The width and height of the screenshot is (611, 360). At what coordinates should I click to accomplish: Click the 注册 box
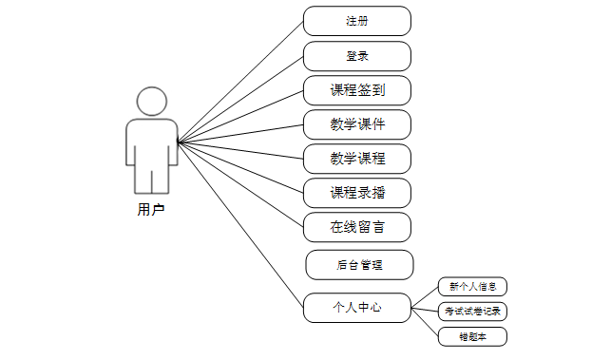[x=357, y=21]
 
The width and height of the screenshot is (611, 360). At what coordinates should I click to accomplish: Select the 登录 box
[x=357, y=56]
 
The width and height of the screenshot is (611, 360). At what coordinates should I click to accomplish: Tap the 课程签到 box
[x=357, y=90]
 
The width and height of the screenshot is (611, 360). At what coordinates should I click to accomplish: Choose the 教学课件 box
[x=357, y=124]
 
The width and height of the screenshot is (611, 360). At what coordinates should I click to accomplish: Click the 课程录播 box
[x=357, y=193]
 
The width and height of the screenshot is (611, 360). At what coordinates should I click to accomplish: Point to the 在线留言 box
[x=357, y=227]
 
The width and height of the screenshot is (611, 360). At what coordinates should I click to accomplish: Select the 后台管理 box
[x=359, y=265]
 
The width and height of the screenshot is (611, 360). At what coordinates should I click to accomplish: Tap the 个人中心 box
[x=357, y=308]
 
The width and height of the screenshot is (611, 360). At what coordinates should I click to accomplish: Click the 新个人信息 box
[x=472, y=286]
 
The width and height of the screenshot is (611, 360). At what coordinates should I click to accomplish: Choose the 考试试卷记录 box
[x=472, y=311]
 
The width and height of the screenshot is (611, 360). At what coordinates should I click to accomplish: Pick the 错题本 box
[x=472, y=335]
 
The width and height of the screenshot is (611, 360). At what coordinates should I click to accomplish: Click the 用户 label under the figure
[x=151, y=210]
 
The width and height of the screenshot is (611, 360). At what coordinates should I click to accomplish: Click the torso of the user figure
[x=152, y=142]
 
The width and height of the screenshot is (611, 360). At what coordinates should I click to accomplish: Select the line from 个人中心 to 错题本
[x=425, y=321]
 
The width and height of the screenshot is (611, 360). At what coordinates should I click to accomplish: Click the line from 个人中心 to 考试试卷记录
[x=425, y=309]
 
